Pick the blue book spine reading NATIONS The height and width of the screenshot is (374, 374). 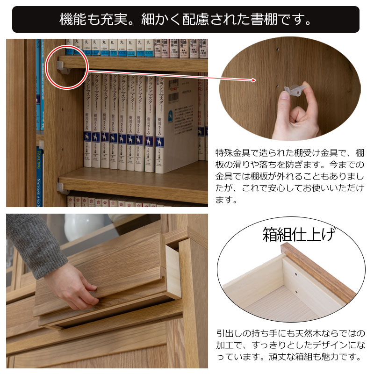tap(39, 178)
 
